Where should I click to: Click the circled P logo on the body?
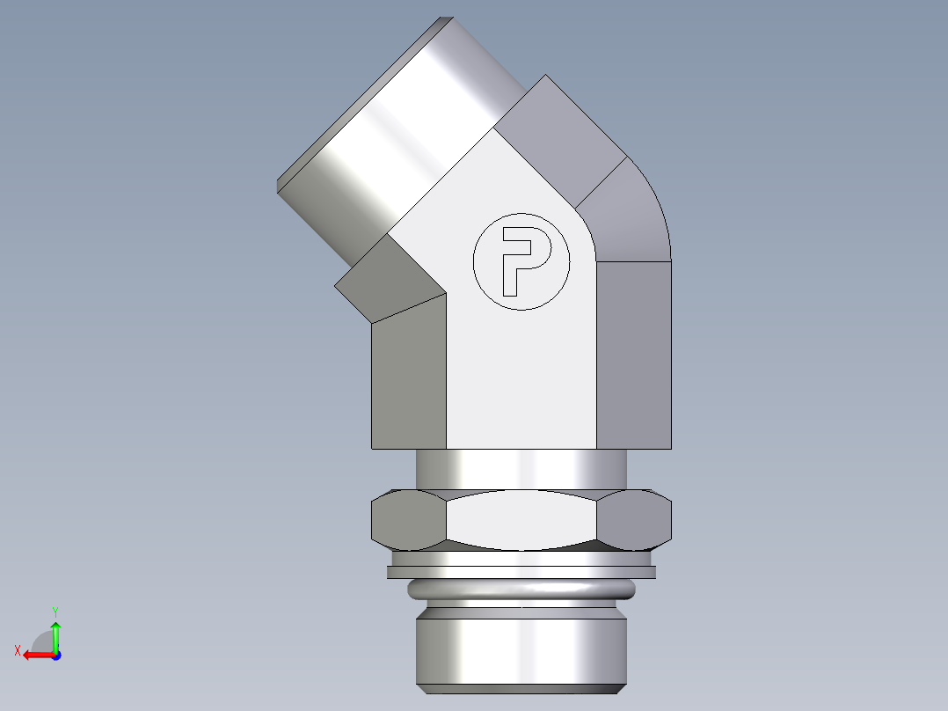tap(521, 261)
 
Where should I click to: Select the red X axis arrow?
tap(35, 655)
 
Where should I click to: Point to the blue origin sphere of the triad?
tap(55, 656)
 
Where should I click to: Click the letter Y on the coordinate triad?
tap(55, 611)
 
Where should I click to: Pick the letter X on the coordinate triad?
tap(17, 650)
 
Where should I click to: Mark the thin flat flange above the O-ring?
tap(521, 572)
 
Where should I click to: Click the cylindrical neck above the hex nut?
tap(521, 468)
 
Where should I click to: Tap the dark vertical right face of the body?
tap(634, 352)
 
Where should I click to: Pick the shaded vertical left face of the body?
tap(408, 378)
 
